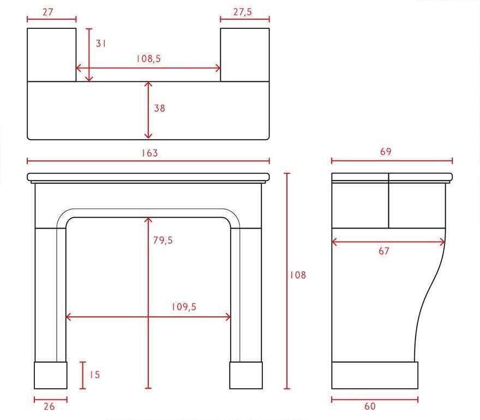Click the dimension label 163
149,153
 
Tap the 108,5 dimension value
148,58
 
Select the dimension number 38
159,108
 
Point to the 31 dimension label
101,44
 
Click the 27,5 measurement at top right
243,12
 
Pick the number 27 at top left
48,12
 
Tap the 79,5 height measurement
163,241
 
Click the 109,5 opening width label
184,307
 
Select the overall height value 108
298,275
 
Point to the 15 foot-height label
94,374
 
